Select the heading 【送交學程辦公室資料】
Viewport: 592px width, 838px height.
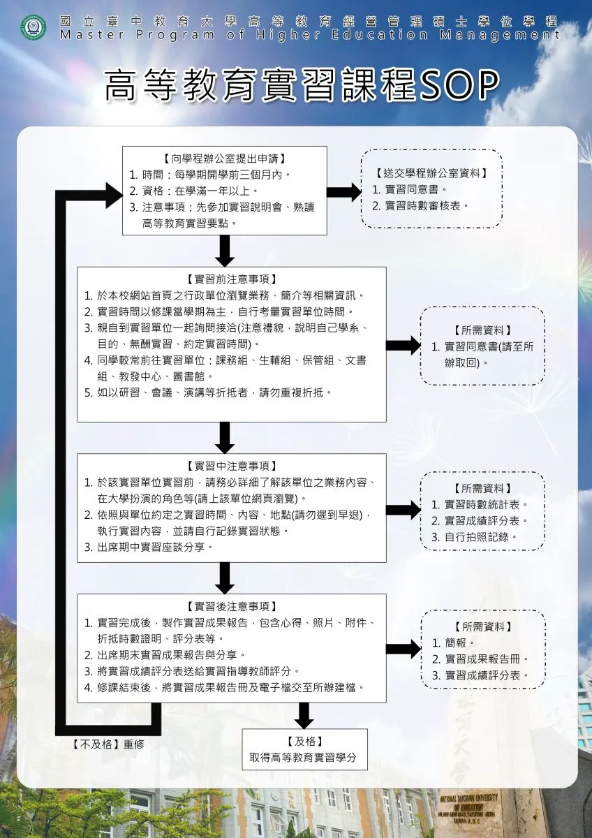(x=431, y=173)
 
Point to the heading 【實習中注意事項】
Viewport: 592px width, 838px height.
(x=231, y=466)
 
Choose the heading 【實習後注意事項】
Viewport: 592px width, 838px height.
(x=231, y=605)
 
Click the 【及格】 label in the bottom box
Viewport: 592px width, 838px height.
(x=304, y=742)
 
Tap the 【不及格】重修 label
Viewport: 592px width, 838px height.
(x=108, y=744)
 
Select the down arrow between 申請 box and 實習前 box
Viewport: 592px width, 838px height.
(x=224, y=251)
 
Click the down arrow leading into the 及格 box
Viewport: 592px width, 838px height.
(x=304, y=714)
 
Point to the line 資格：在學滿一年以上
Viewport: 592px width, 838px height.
(x=197, y=190)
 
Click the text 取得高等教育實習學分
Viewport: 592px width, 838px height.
(x=304, y=758)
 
